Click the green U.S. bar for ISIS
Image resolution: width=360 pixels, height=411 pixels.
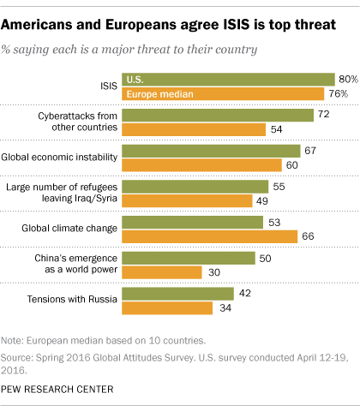click(228, 79)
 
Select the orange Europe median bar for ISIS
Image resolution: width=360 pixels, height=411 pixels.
click(223, 92)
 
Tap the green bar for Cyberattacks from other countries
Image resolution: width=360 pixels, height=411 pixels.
click(218, 116)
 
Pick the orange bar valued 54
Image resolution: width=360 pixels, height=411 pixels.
click(194, 130)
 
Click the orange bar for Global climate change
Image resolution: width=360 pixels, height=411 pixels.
click(210, 235)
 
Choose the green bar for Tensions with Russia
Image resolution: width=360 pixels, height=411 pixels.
click(178, 294)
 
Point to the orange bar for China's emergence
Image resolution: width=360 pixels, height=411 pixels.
click(162, 271)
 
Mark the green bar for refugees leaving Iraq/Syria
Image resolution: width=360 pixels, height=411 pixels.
click(195, 187)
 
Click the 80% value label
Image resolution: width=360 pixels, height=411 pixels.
click(348, 79)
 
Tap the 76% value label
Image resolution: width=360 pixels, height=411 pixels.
click(340, 93)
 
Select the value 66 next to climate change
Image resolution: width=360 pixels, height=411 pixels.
click(309, 235)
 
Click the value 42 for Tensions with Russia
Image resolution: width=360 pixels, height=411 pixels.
click(245, 294)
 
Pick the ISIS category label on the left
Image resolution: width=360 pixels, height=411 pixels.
click(107, 86)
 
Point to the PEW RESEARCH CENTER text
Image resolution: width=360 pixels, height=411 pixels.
click(62, 390)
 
